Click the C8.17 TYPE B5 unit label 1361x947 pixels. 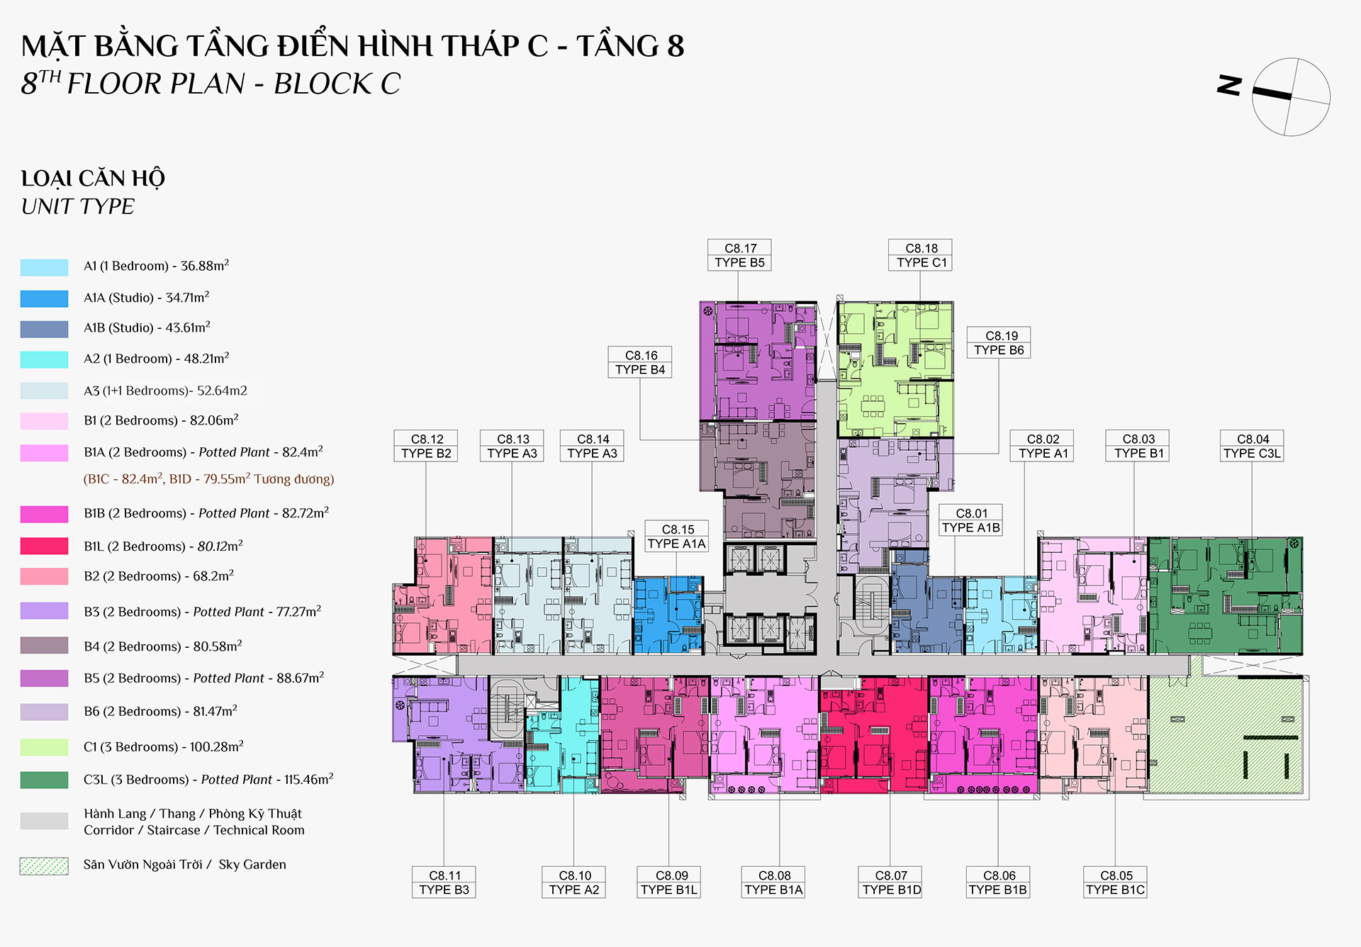tap(739, 255)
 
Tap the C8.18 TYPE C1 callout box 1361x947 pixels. tap(920, 255)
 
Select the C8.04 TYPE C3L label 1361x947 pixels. tap(1252, 446)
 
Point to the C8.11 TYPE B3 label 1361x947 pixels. tap(444, 882)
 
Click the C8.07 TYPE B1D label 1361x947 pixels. tap(890, 882)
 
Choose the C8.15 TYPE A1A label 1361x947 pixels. tap(677, 536)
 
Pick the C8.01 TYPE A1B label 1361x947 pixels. tap(970, 520)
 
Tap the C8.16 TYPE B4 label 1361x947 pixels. tap(640, 362)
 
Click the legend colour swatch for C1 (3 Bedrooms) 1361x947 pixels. tap(45, 747)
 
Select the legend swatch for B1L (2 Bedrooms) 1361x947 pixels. tap(45, 546)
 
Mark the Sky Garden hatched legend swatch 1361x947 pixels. tap(45, 865)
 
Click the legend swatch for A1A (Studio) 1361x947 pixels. tap(45, 298)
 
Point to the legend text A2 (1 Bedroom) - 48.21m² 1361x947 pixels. tap(157, 358)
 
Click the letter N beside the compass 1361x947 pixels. tap(1229, 85)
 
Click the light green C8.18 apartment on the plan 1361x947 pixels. tap(895, 369)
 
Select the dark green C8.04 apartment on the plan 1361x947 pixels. tap(1225, 595)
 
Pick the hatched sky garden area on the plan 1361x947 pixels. tap(1226, 734)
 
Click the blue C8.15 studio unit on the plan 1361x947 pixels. tap(668, 615)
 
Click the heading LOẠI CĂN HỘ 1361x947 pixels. tap(93, 179)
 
